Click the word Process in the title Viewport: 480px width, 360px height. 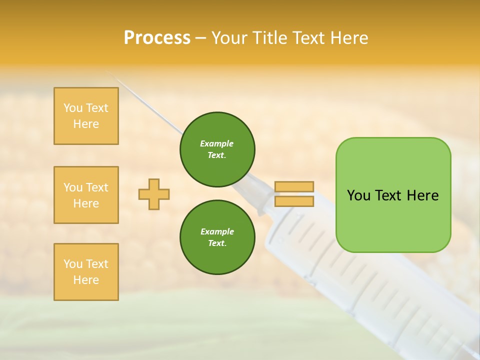coord(157,38)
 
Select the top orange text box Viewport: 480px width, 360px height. coord(86,116)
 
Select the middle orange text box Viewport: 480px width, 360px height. coord(86,195)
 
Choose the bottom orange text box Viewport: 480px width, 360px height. coord(86,272)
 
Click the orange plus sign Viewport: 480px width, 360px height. coord(154,194)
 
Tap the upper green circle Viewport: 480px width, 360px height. coord(217,149)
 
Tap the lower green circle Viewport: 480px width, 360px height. coord(217,237)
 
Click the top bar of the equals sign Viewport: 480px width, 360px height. coord(294,187)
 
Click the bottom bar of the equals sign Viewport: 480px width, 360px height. coord(294,201)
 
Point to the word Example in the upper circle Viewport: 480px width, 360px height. coord(217,143)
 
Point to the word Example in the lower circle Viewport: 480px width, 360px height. coord(217,231)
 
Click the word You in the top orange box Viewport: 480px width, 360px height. coord(73,108)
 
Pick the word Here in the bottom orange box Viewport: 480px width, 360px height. coord(86,280)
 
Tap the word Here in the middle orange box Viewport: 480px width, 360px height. coord(86,203)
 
